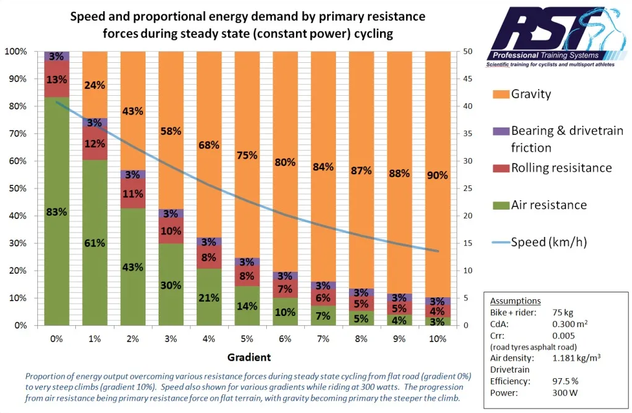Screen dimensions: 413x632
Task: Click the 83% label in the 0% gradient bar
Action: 56,212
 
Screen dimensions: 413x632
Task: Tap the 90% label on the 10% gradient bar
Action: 437,175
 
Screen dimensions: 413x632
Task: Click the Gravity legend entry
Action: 531,95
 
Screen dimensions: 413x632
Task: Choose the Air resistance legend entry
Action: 549,205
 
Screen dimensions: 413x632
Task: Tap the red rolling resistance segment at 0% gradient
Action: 56,79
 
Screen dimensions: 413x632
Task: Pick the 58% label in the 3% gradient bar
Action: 170,131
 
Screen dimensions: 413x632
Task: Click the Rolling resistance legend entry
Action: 561,168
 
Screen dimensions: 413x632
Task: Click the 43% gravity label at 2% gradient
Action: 132,111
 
